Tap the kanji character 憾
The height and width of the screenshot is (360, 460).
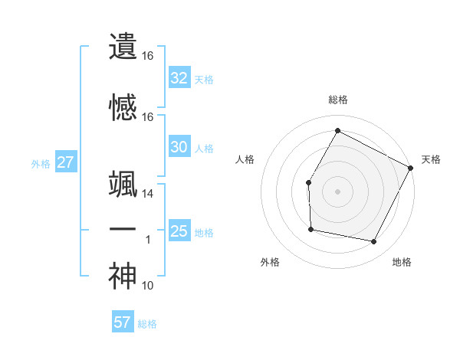pyautogui.click(x=123, y=107)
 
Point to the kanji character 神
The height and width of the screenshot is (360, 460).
pyautogui.click(x=123, y=277)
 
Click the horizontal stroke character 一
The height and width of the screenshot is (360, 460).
pyautogui.click(x=123, y=230)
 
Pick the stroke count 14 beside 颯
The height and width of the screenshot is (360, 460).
pyautogui.click(x=147, y=194)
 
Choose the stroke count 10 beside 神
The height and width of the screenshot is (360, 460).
pyautogui.click(x=148, y=286)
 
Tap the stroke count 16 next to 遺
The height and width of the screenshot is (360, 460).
pyautogui.click(x=147, y=55)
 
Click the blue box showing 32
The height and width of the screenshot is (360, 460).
pyautogui.click(x=179, y=77)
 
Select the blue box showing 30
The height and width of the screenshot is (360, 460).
pyautogui.click(x=179, y=147)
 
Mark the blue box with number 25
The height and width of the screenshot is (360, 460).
pyautogui.click(x=179, y=231)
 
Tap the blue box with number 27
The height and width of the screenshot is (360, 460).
pyautogui.click(x=66, y=162)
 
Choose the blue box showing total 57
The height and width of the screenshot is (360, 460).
pyautogui.click(x=123, y=322)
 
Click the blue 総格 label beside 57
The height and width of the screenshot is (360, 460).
pyautogui.click(x=147, y=324)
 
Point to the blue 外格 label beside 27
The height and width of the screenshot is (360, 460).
pyautogui.click(x=41, y=163)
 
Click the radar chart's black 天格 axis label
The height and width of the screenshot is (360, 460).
pyautogui.click(x=431, y=159)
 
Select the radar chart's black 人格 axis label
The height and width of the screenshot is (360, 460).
pyautogui.click(x=245, y=159)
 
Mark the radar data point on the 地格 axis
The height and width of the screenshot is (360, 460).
pyautogui.click(x=374, y=242)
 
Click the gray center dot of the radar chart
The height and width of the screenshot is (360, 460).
pyautogui.click(x=337, y=191)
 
